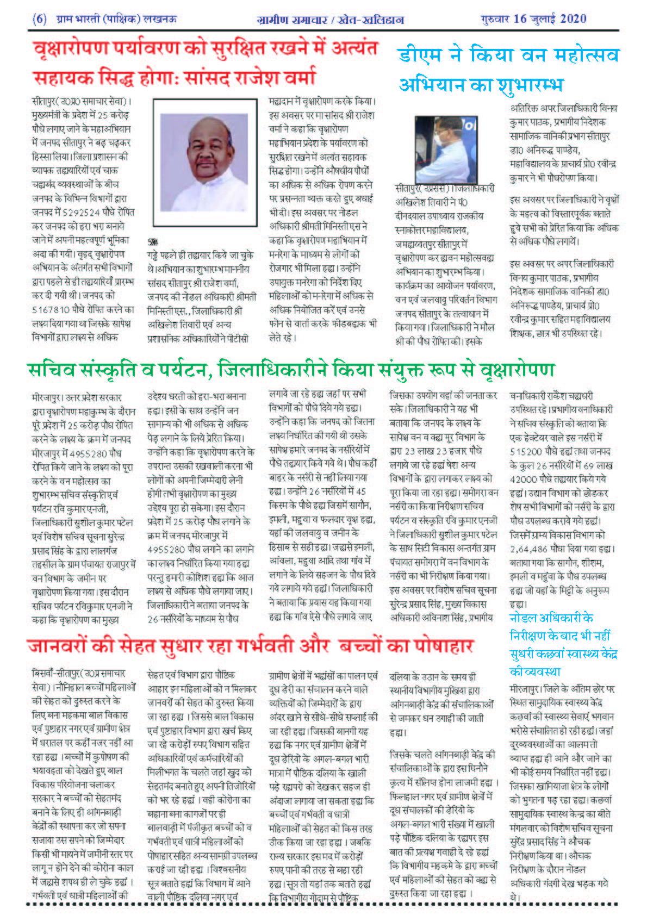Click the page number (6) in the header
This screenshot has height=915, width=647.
40,19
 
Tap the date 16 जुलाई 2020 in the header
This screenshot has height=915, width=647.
550,19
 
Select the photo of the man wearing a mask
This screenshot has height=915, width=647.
446,149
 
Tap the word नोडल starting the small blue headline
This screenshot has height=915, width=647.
522,618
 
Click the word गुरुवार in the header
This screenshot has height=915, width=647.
495,19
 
